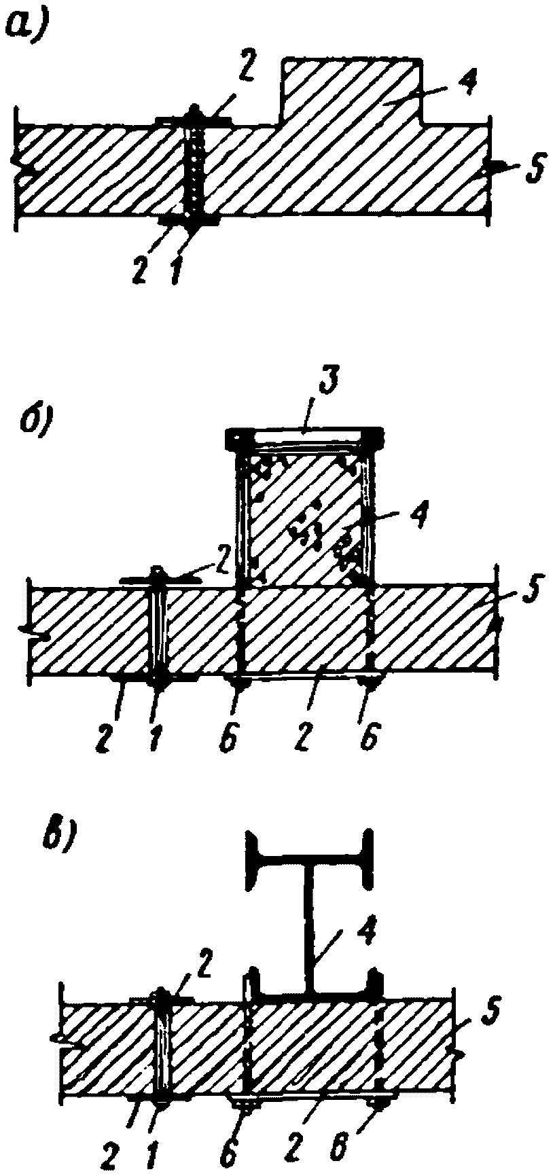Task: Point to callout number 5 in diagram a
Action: coord(534,170)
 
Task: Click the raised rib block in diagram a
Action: coord(351,92)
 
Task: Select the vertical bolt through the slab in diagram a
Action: coord(196,170)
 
